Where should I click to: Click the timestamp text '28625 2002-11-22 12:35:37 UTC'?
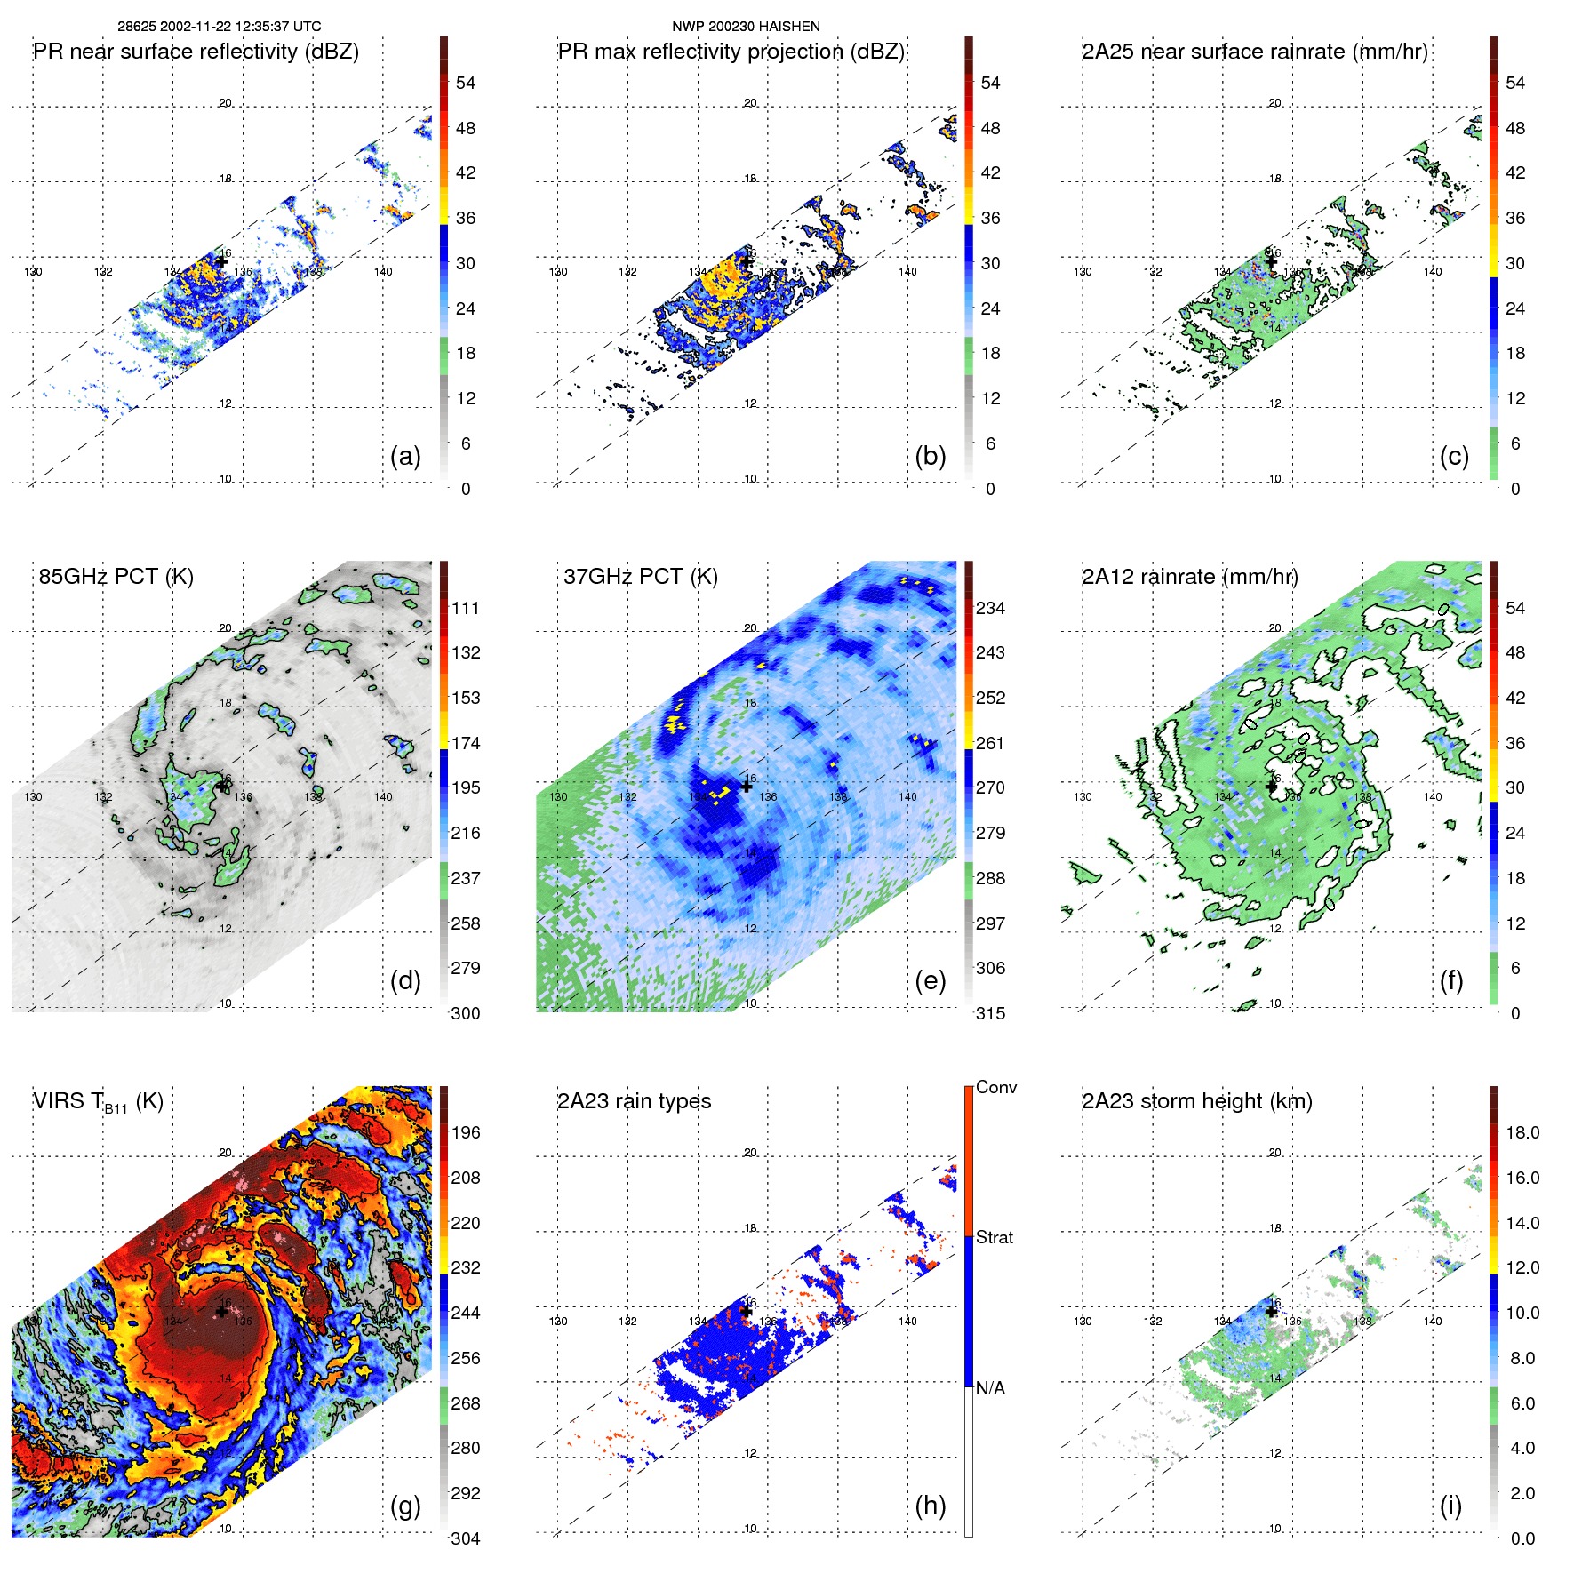tap(220, 27)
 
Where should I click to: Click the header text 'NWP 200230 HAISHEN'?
tap(746, 27)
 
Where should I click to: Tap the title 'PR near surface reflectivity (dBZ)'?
tap(196, 52)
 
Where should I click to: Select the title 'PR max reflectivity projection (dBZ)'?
tap(731, 52)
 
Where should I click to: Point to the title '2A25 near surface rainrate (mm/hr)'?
tap(1255, 52)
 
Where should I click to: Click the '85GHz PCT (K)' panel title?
tap(116, 577)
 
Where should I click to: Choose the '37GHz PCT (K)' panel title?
tap(641, 577)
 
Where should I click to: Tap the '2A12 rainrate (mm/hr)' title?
tap(1190, 577)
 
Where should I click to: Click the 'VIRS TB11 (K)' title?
tap(99, 1102)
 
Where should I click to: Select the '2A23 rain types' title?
tap(635, 1101)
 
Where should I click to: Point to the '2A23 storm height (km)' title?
tap(1197, 1101)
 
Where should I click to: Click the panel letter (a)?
tap(405, 456)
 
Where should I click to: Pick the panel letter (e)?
tap(930, 980)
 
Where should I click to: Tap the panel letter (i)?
tap(1450, 1506)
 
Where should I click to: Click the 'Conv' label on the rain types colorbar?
tap(996, 1087)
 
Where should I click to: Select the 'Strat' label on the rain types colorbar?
tap(995, 1237)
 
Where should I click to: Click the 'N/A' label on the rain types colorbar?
tap(990, 1388)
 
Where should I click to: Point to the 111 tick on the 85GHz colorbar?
tap(466, 608)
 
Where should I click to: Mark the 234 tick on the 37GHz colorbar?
tap(990, 608)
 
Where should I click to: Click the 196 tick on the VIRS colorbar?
tap(466, 1132)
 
